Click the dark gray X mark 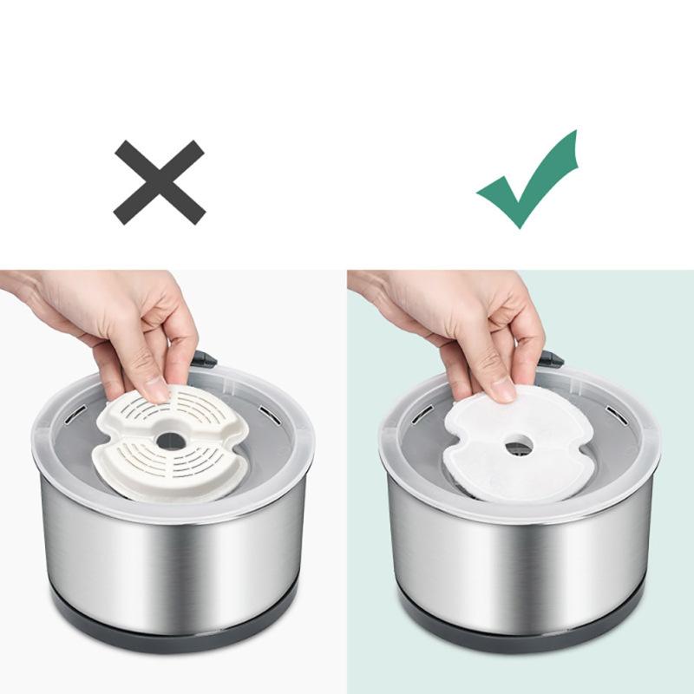pos(160,182)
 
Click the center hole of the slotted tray pos(171,440)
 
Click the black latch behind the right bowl pos(551,357)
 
